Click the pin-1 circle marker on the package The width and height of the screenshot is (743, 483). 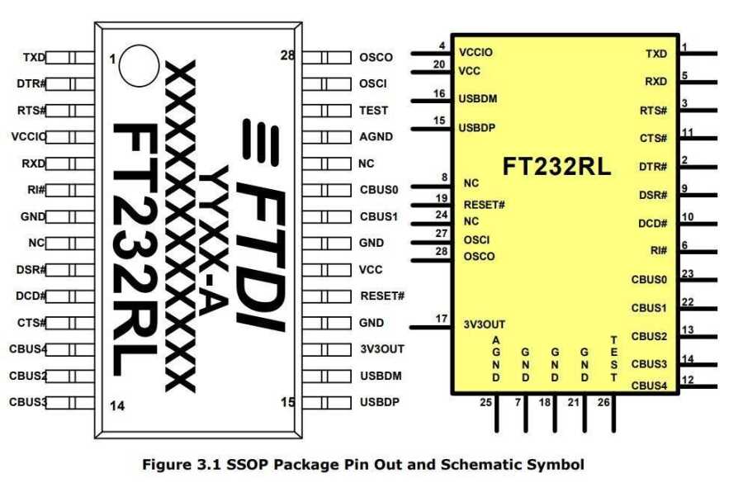[139, 65]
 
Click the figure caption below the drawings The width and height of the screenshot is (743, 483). [363, 464]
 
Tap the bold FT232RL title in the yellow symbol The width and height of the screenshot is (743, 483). [556, 167]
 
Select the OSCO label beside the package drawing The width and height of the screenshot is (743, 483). [376, 57]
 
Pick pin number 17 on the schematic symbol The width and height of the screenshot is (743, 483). [441, 319]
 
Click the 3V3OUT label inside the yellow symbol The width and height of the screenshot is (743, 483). [485, 324]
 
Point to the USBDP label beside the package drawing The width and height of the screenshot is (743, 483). [380, 402]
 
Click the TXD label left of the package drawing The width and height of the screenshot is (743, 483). [34, 57]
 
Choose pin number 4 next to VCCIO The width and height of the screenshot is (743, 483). [442, 46]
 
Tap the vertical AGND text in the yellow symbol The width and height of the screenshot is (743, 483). [496, 359]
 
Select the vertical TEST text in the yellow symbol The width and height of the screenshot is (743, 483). [614, 359]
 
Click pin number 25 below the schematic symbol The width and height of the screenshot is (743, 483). [485, 402]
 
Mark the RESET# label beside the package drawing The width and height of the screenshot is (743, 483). [382, 296]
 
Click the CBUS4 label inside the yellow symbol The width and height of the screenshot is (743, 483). [649, 386]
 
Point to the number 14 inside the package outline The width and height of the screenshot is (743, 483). [117, 406]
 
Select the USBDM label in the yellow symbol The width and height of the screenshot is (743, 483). [478, 98]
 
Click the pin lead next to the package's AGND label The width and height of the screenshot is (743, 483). [326, 137]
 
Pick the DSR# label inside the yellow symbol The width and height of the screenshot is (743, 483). [653, 195]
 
